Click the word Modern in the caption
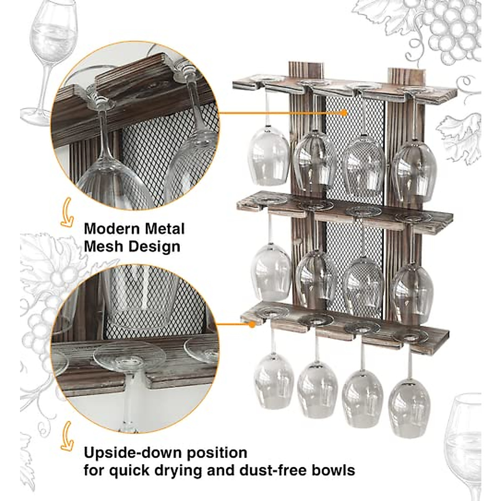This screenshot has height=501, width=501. [111, 229]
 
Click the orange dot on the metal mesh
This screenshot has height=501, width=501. [344, 112]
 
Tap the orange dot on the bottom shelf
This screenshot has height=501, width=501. [252, 324]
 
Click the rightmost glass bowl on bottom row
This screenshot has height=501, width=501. [409, 407]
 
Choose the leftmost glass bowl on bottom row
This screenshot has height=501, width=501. [274, 380]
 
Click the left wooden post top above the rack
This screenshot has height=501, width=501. [306, 69]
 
